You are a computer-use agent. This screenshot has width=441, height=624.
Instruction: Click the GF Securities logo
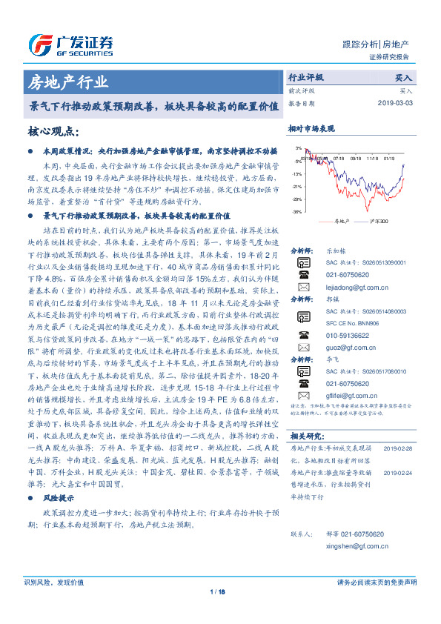[71, 43]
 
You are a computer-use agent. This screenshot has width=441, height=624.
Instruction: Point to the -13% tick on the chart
[297, 174]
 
